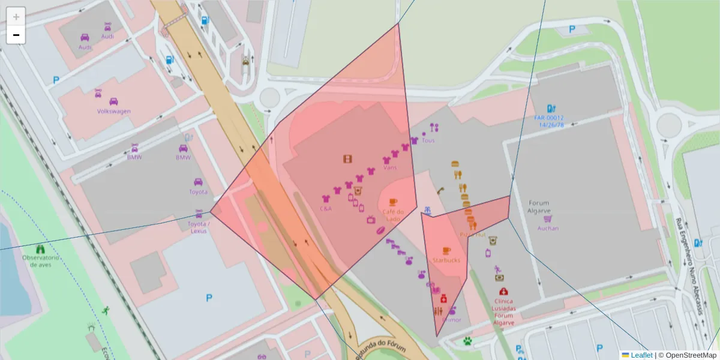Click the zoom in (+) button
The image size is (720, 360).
16,17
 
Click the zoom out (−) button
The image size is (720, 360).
16,35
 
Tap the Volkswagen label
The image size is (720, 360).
114,111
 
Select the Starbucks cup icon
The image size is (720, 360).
446,250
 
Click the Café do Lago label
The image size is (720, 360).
393,215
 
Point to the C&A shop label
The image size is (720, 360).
326,209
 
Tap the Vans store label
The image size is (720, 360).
390,168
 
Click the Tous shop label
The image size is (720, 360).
428,140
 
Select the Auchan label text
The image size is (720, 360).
548,228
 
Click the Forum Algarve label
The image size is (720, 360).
539,206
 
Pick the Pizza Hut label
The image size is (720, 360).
473,235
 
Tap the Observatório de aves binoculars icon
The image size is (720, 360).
41,248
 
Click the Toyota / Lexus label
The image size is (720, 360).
199,227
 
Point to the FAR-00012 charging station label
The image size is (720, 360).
549,121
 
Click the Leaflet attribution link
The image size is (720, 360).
641,355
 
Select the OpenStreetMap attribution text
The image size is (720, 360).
686,355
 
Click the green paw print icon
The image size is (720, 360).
467,341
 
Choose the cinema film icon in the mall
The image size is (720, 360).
347,158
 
